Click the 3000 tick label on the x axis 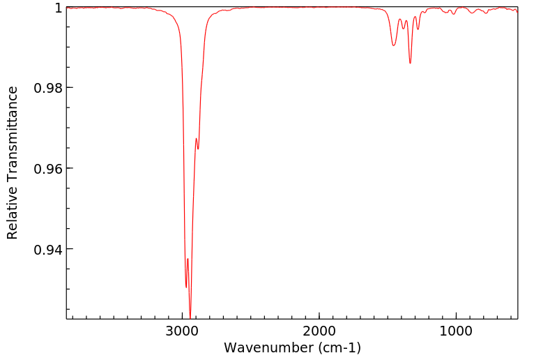tap(183, 331)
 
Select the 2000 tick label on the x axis tap(319, 331)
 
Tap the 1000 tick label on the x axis tap(456, 331)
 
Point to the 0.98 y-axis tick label tap(49, 88)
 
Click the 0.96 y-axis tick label tap(49, 169)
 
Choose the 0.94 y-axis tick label tap(49, 249)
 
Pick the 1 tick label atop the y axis tap(59, 8)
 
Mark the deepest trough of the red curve tap(190, 316)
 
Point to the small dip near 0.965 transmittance tap(198, 149)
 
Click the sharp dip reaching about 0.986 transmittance tap(410, 63)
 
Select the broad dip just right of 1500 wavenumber tap(394, 45)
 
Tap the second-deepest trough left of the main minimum tap(186, 287)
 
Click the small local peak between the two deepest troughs tap(188, 259)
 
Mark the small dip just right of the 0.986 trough tap(418, 29)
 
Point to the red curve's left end tap(67, 8)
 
